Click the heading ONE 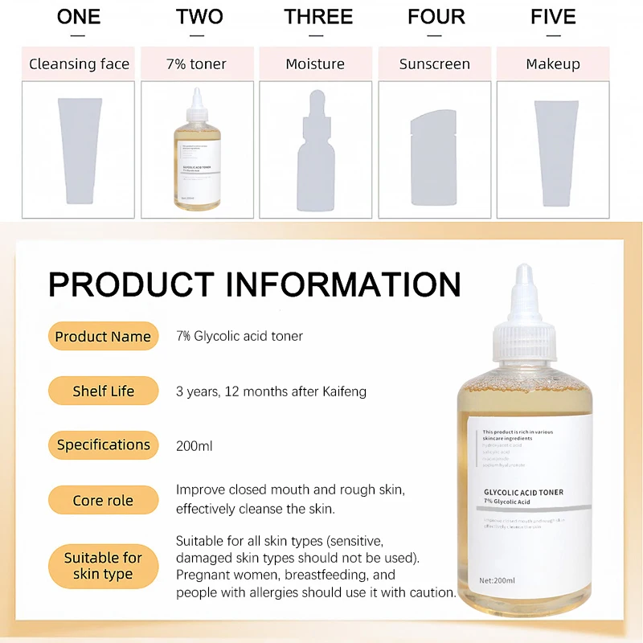click(79, 17)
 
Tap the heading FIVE click(553, 17)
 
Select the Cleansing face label click(79, 63)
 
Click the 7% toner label click(197, 63)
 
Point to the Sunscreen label click(434, 63)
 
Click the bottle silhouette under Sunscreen click(434, 157)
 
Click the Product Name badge click(103, 337)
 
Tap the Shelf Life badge click(103, 391)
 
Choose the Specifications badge click(103, 444)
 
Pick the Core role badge click(103, 500)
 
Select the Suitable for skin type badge click(103, 566)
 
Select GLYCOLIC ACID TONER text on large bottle click(522, 492)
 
